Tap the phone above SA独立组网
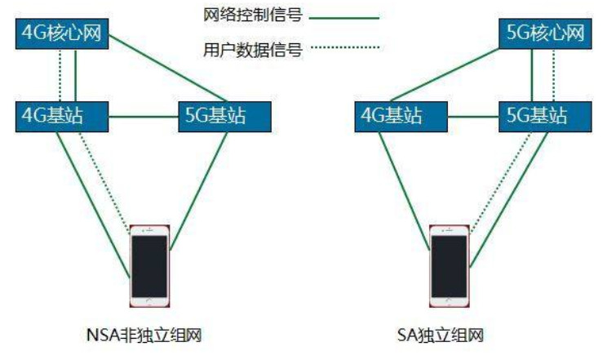point(450,264)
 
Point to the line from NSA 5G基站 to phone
point(199,183)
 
